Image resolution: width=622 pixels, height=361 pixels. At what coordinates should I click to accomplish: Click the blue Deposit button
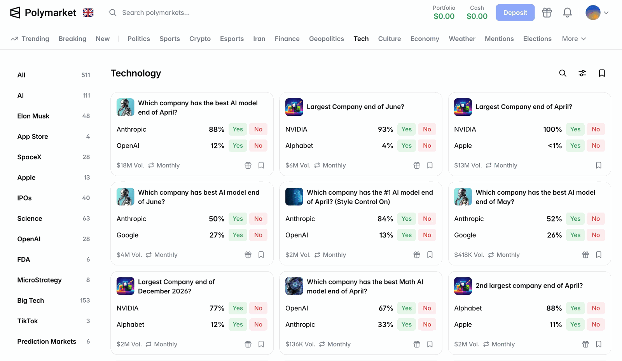coord(515,13)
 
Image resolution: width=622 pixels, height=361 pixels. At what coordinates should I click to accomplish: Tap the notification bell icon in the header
coord(567,13)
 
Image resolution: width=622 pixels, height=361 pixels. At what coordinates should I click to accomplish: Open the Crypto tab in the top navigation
coord(200,39)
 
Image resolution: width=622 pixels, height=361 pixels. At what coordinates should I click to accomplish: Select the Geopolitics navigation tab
coord(326,39)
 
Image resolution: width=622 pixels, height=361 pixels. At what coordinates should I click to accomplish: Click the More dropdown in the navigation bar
coord(574,39)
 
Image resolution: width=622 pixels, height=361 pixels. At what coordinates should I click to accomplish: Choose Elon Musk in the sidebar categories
coord(33,116)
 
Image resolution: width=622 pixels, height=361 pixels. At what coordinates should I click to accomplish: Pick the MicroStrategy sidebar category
coord(39,280)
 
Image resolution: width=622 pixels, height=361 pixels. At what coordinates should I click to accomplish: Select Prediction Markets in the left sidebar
coord(47,342)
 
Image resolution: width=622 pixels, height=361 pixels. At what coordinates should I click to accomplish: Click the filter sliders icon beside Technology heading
coord(582,73)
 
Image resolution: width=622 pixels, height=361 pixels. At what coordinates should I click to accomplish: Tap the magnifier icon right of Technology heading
coord(563,73)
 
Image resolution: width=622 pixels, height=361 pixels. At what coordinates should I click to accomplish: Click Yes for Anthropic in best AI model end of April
coord(238,129)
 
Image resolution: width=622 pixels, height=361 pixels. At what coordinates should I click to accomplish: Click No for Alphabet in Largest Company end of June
coord(427,146)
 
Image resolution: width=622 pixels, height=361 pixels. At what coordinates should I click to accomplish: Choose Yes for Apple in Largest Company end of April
coord(575,146)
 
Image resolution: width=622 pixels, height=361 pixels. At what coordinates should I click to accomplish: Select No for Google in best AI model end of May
coord(596,235)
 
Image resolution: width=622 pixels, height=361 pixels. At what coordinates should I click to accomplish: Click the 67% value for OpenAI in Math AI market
coord(386,308)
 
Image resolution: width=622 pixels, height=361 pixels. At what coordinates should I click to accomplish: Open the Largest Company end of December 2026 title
coord(176,286)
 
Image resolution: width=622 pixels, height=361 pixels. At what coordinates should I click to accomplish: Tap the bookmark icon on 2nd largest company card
coord(599,344)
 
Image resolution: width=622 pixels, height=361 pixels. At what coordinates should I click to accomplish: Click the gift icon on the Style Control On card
coord(417,255)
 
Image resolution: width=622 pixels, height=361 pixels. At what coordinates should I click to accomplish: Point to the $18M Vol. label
coord(130,166)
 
